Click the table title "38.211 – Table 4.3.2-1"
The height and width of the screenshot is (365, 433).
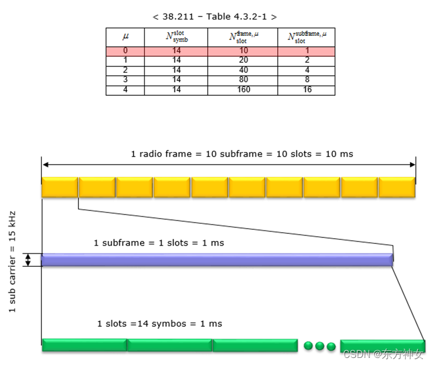point(215,16)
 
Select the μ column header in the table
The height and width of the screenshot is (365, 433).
point(125,36)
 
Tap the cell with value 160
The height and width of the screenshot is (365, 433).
point(242,90)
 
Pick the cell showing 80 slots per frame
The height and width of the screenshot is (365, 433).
point(242,80)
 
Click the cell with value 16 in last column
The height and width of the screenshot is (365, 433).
point(307,90)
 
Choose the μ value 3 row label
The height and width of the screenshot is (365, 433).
point(125,80)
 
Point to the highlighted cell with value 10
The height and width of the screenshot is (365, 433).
point(242,51)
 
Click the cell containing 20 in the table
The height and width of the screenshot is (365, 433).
point(242,61)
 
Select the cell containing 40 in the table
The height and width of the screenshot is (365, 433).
point(242,71)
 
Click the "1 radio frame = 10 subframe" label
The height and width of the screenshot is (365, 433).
point(242,153)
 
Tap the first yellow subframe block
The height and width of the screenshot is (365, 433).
point(59,187)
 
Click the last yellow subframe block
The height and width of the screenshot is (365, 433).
point(397,187)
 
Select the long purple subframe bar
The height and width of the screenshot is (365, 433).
point(216,260)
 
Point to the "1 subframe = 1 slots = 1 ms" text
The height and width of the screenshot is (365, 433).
point(159,242)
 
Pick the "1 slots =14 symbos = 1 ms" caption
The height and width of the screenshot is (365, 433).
point(159,323)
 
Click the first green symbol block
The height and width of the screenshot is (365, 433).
point(84,345)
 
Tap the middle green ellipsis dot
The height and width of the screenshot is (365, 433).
point(320,346)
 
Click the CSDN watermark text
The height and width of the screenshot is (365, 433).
point(383,354)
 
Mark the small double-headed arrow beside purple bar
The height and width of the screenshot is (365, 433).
point(27,260)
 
